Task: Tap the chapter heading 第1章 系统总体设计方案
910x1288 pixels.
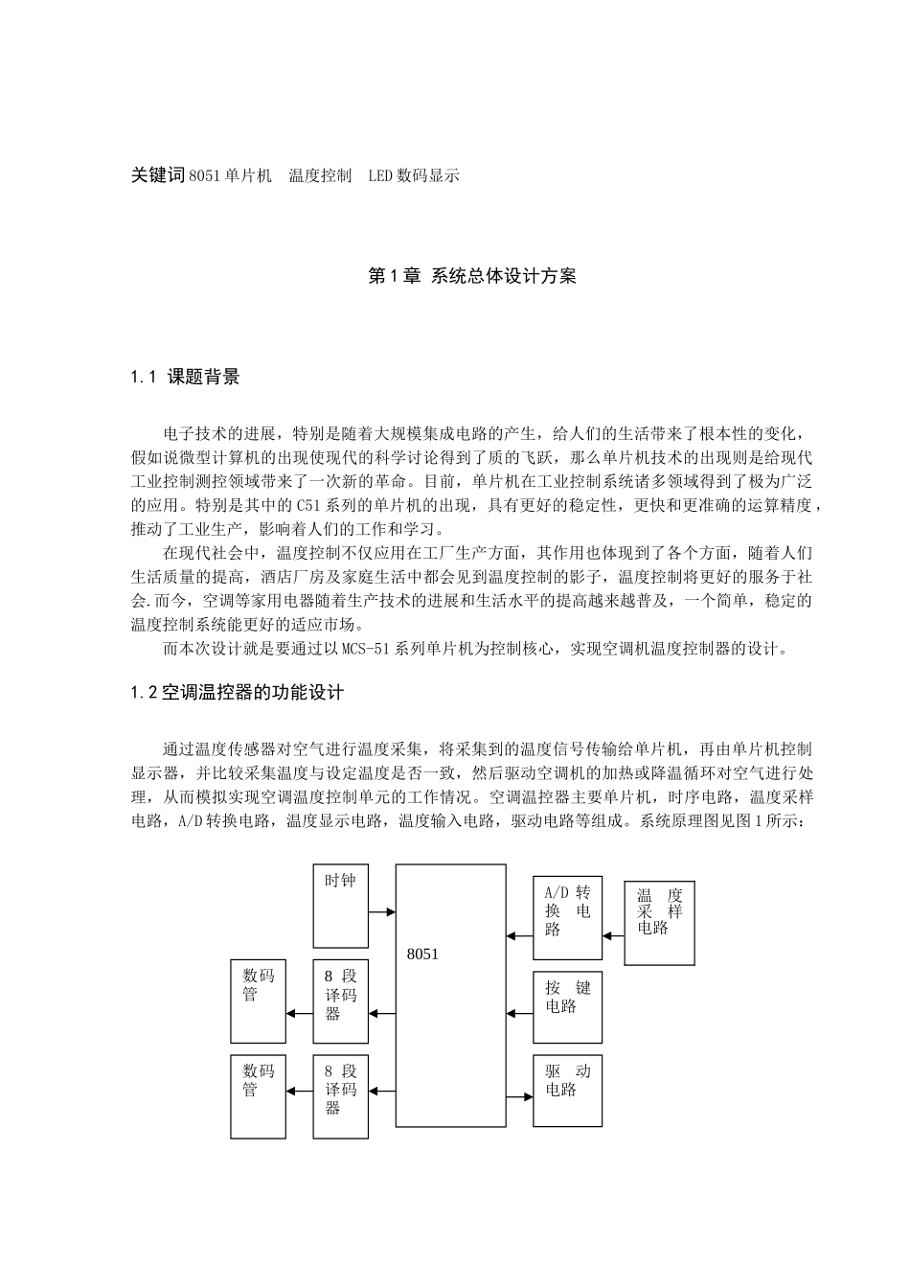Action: (x=472, y=277)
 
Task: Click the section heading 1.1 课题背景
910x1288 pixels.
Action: (x=185, y=377)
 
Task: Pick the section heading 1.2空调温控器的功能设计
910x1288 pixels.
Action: (x=237, y=692)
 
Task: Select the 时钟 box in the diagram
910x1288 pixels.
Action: (x=340, y=906)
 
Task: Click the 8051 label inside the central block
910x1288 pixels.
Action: (x=422, y=954)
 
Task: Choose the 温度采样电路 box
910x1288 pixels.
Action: (x=659, y=922)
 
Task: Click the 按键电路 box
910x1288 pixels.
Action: (x=567, y=1006)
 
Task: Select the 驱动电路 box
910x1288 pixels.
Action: (x=567, y=1090)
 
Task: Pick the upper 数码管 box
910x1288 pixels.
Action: (x=258, y=1000)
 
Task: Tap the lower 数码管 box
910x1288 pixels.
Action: (x=258, y=1096)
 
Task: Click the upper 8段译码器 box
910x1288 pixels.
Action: (x=340, y=1000)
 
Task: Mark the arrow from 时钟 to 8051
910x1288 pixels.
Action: (x=382, y=912)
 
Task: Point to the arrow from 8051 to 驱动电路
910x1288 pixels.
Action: (x=520, y=1096)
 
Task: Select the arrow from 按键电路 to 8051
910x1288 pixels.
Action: (x=520, y=1012)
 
